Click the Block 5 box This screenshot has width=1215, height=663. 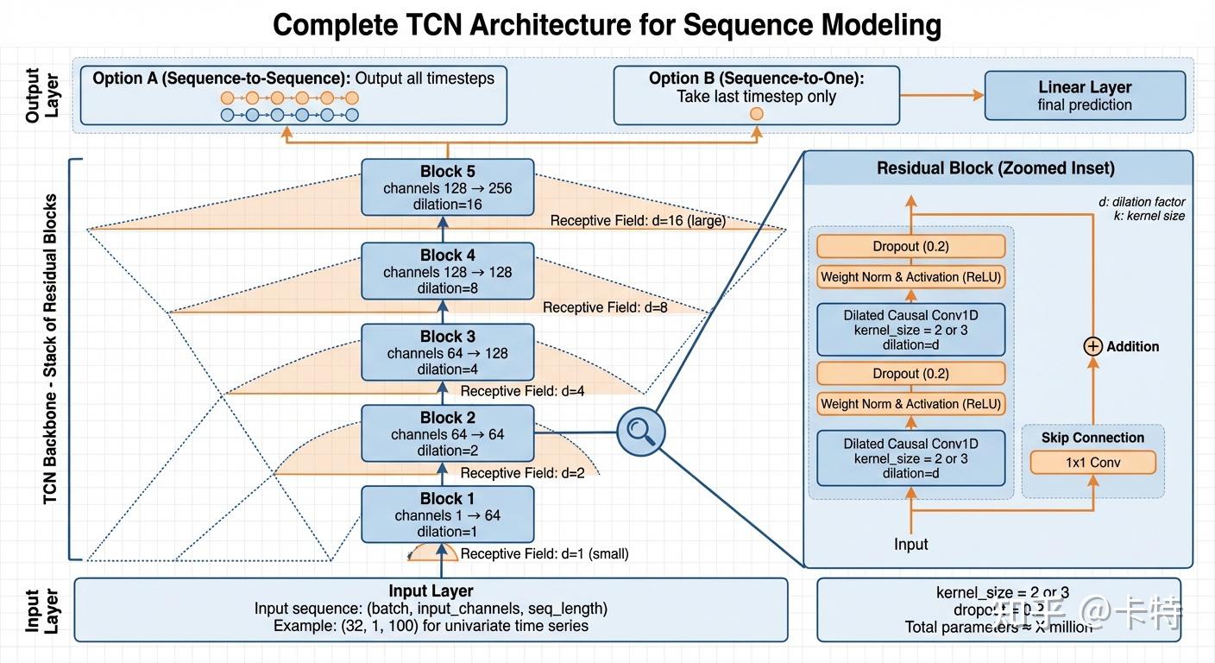[x=447, y=187]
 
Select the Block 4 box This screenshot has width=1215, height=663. [x=447, y=271]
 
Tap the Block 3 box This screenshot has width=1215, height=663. [x=447, y=352]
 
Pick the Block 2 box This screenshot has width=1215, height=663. [x=447, y=433]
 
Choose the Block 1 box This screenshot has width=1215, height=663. [x=447, y=515]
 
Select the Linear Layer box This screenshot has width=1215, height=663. [x=1085, y=96]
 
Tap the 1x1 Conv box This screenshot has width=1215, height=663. [x=1092, y=463]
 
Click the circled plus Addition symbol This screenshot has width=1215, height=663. [x=1092, y=346]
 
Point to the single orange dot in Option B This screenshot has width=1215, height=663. [x=757, y=114]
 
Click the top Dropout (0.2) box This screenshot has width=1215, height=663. [x=910, y=247]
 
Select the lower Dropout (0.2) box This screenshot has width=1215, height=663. [x=910, y=374]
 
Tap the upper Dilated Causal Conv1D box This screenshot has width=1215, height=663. [x=910, y=330]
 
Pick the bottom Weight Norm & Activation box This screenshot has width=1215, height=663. [x=910, y=404]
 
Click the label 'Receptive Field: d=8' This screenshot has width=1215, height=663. [x=605, y=307]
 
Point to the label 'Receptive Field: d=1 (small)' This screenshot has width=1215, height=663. [x=544, y=554]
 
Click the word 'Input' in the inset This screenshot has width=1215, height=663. [x=910, y=544]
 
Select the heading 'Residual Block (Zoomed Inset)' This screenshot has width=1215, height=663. [x=995, y=168]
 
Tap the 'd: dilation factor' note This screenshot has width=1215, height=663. [x=1141, y=202]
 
